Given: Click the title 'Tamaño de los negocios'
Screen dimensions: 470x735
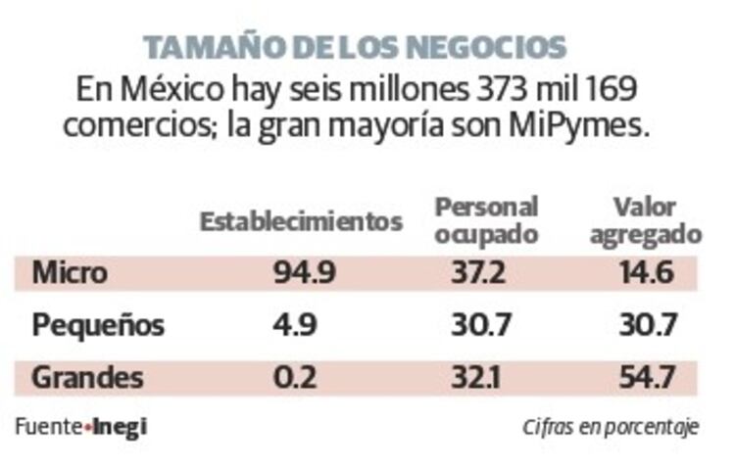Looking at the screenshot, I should (x=354, y=46).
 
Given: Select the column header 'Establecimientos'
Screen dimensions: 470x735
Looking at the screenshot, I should (x=301, y=221).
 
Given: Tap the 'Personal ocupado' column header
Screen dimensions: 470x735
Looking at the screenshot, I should (x=487, y=221).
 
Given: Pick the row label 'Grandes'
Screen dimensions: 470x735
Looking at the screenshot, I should (x=87, y=377).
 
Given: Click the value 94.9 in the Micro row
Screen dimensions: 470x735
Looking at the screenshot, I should (x=302, y=273).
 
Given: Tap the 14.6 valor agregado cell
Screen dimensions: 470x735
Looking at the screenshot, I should (x=647, y=273).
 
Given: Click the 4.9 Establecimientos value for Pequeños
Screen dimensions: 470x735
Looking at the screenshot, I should (x=294, y=325).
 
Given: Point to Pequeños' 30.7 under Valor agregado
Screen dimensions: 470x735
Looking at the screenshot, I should (x=646, y=325).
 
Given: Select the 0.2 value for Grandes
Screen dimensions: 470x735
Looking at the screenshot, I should (x=294, y=377).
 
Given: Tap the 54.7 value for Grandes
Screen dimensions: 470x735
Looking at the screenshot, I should (x=647, y=377).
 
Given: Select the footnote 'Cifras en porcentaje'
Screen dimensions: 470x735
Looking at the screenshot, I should (x=610, y=428).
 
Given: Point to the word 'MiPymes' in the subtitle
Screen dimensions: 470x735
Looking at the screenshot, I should (x=595, y=126).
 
